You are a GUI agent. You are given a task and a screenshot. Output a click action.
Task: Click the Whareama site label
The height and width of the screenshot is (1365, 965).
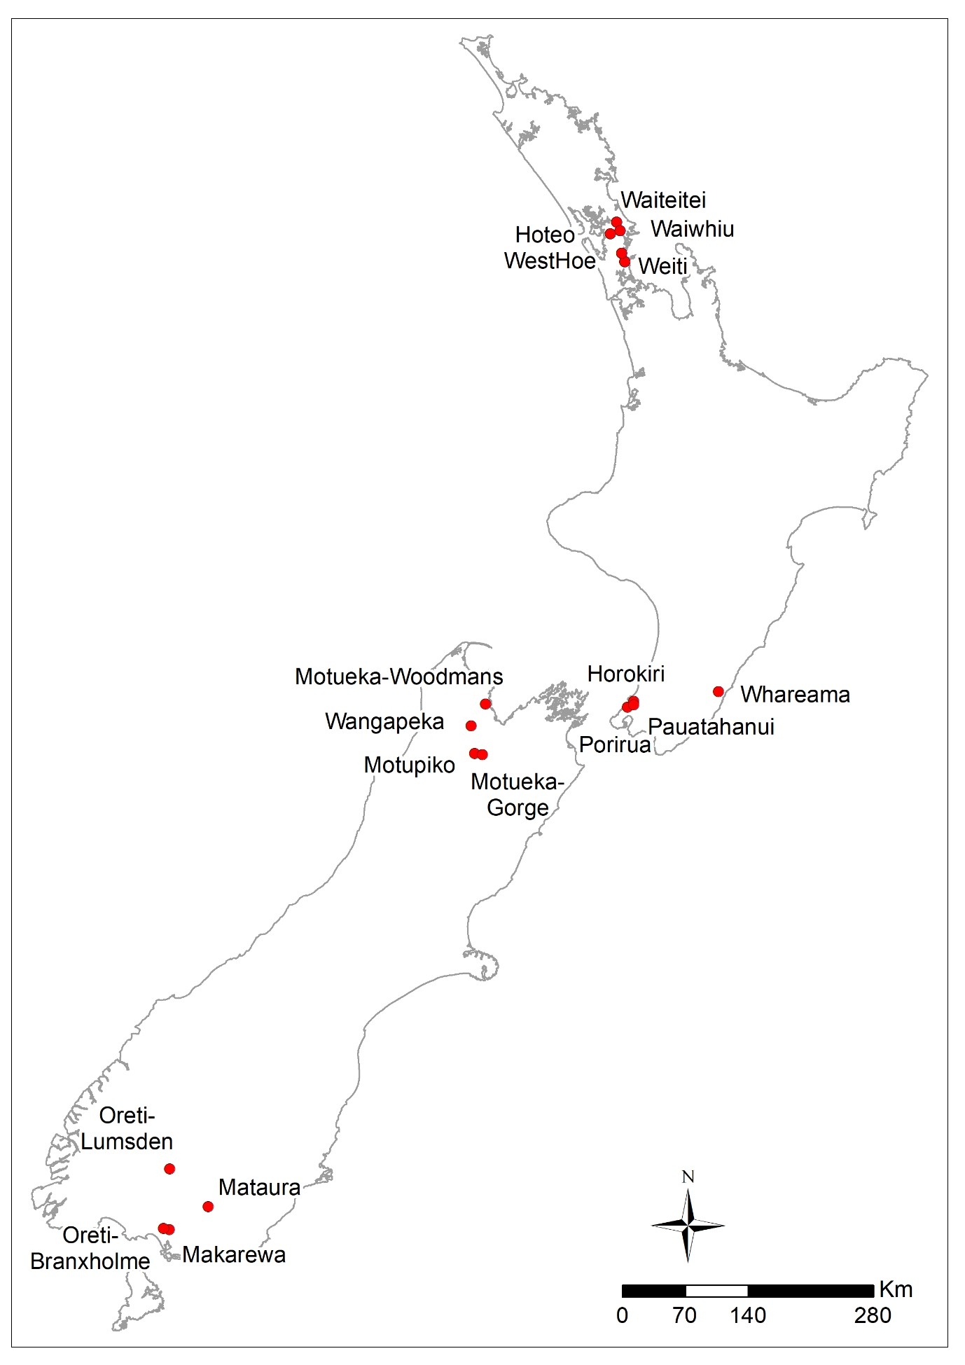pyautogui.click(x=795, y=694)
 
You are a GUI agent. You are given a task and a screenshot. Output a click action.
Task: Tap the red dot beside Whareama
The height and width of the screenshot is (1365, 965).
pyautogui.click(x=718, y=691)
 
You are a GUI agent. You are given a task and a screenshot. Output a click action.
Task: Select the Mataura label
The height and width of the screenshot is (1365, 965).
pyautogui.click(x=259, y=1187)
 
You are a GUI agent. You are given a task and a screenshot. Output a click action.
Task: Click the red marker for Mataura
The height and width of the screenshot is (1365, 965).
pyautogui.click(x=207, y=1206)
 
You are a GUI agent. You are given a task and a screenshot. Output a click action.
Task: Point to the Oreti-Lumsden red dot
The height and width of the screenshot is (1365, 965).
pyautogui.click(x=169, y=1168)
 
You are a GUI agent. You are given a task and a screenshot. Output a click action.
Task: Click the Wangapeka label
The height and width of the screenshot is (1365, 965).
pyautogui.click(x=384, y=721)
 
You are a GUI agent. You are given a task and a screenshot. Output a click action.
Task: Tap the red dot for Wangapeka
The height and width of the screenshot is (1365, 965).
pyautogui.click(x=471, y=726)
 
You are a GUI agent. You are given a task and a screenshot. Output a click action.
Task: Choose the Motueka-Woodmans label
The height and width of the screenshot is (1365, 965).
pyautogui.click(x=398, y=677)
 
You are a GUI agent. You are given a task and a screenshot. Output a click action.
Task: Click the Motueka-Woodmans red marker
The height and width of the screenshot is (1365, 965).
pyautogui.click(x=485, y=703)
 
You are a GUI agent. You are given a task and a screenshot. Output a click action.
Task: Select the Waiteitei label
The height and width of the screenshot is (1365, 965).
pyautogui.click(x=663, y=200)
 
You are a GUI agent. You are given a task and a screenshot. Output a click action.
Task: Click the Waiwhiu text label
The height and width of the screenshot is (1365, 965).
pyautogui.click(x=692, y=229)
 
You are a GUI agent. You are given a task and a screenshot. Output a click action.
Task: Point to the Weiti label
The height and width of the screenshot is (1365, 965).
pyautogui.click(x=662, y=266)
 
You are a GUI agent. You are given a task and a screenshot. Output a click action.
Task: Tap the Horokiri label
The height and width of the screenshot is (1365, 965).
pyautogui.click(x=626, y=674)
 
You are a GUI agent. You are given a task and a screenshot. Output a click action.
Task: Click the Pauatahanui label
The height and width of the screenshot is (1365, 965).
pyautogui.click(x=711, y=726)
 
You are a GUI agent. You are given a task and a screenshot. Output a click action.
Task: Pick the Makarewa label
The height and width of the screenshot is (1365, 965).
pyautogui.click(x=234, y=1254)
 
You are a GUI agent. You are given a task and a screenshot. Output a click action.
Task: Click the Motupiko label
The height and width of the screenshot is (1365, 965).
pyautogui.click(x=409, y=765)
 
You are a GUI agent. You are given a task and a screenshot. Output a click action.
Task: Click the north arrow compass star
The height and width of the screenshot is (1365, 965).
pyautogui.click(x=688, y=1225)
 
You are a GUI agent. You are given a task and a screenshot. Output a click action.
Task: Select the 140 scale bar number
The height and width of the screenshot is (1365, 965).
pyautogui.click(x=748, y=1315)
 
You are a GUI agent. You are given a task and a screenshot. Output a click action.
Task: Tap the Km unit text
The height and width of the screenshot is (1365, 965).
pyautogui.click(x=896, y=1289)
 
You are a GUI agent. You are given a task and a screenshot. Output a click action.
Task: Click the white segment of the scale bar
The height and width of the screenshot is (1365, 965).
pyautogui.click(x=716, y=1291)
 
